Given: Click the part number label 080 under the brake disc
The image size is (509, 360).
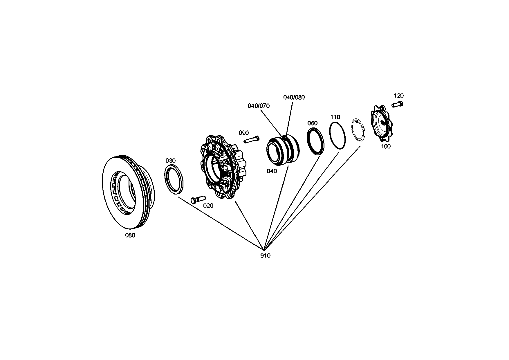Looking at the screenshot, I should (x=130, y=235).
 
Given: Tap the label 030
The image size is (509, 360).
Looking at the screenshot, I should (x=170, y=161).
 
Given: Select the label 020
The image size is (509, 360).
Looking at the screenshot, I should (x=208, y=206).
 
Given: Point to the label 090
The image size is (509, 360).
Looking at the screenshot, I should (x=243, y=133).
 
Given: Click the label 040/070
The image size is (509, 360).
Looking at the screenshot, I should (x=258, y=106).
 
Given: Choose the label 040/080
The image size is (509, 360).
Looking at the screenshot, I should (x=294, y=98).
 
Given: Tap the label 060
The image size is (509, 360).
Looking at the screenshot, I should (x=312, y=123).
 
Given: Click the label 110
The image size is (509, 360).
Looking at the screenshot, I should (x=335, y=117).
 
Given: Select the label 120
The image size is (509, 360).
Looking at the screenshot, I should (x=399, y=96).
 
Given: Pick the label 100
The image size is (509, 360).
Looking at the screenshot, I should (x=386, y=147).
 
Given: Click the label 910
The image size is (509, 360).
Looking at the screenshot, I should (x=265, y=256).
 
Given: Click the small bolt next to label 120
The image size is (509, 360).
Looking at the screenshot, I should (x=398, y=104).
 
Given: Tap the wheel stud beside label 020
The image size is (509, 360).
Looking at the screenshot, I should (x=198, y=199).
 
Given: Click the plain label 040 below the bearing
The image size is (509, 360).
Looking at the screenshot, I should (x=272, y=171).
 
